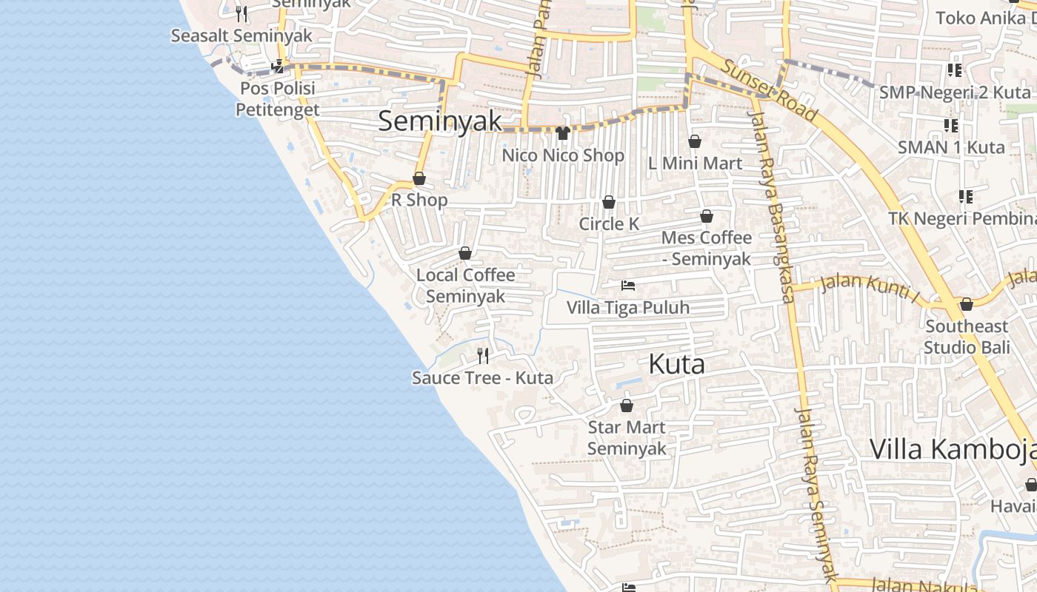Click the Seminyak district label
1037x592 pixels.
point(440,121)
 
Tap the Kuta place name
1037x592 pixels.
point(676,364)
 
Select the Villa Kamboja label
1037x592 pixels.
point(952,449)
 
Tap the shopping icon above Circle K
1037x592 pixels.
point(609,202)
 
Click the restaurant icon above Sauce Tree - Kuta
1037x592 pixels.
point(483,356)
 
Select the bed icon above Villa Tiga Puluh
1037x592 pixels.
point(628,286)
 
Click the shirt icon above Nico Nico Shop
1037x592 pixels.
point(563,133)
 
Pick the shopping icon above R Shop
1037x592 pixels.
point(419,178)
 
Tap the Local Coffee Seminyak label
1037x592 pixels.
point(465,286)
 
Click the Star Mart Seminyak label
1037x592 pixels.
point(627,438)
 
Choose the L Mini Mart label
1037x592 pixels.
point(695,163)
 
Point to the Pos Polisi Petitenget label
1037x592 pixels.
point(277,99)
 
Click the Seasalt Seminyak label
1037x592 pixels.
point(241,36)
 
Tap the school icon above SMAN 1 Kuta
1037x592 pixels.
point(950,126)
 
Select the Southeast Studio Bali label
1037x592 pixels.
point(967,337)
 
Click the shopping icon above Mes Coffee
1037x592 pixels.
point(707,216)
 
